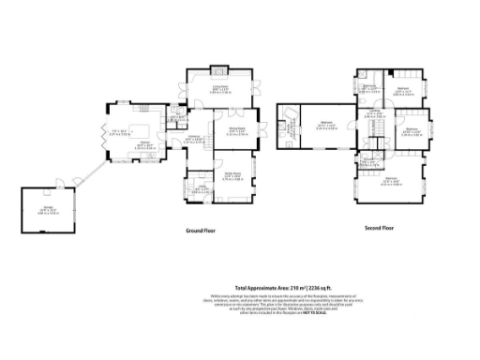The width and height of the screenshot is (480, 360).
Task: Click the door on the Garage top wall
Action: click(x=60, y=182)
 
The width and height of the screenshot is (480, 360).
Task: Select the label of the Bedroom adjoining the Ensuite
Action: click(x=327, y=124)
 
